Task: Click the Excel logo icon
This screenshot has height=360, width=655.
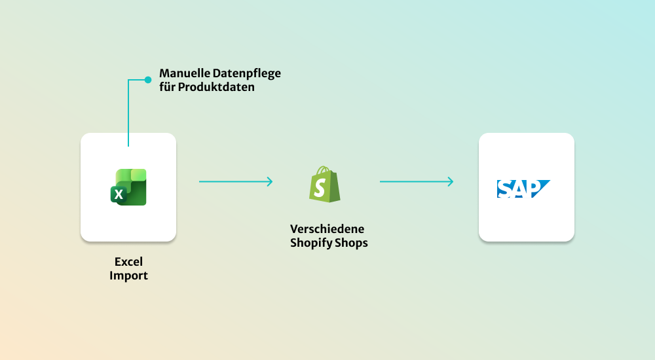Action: point(128,187)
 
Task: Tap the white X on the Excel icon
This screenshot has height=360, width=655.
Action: point(119,194)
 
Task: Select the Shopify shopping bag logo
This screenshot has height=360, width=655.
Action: point(325,184)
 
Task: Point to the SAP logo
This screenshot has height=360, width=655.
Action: point(523,188)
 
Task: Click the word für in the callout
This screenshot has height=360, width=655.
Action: point(167,86)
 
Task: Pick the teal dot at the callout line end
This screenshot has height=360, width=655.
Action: point(147,80)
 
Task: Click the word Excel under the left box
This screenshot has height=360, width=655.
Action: point(128,262)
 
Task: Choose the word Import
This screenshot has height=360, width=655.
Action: point(128,276)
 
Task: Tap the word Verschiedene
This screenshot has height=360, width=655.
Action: point(327,229)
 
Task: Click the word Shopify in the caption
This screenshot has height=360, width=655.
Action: point(310,243)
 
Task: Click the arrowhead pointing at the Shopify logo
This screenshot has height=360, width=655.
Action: point(269,181)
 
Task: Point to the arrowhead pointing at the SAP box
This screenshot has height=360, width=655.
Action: point(450,181)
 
